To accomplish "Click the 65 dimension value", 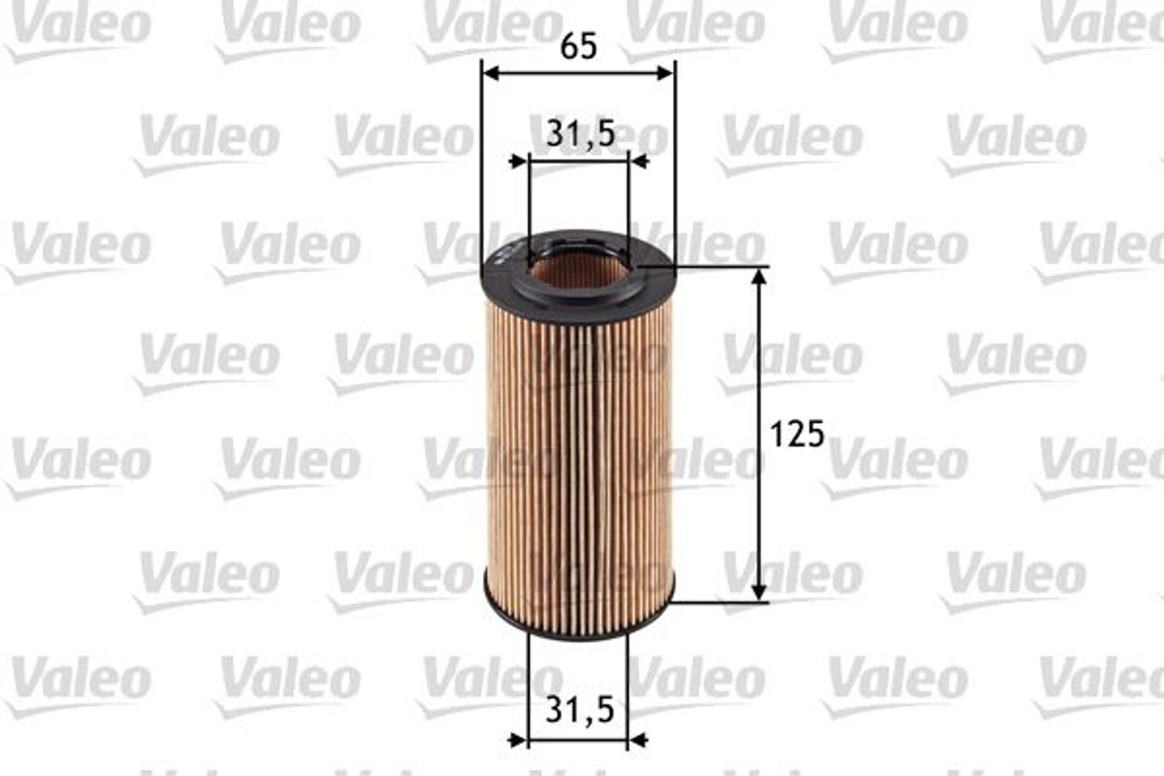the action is pyautogui.click(x=579, y=47).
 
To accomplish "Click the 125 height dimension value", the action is pyautogui.click(x=797, y=433).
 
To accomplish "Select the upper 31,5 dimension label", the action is pyautogui.click(x=581, y=134).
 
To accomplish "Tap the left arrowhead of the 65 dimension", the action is pyautogui.click(x=491, y=73).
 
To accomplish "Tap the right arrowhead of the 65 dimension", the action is pyautogui.click(x=666, y=73).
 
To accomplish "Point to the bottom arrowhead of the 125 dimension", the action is pyautogui.click(x=760, y=591).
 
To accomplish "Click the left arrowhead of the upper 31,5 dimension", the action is pyautogui.click(x=519, y=161).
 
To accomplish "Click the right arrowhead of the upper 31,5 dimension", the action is pyautogui.click(x=639, y=161).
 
